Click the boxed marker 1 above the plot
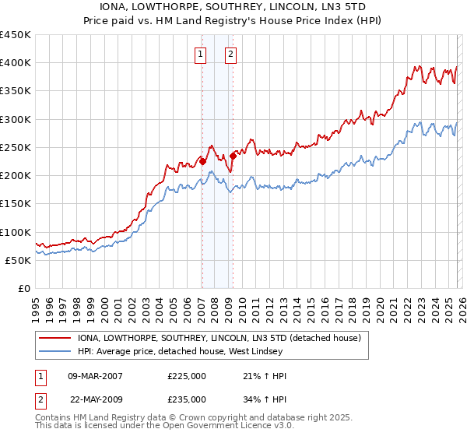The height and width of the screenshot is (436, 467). tap(201, 54)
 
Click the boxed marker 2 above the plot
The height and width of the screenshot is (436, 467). tap(232, 54)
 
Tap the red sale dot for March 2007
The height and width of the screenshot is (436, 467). tap(202, 162)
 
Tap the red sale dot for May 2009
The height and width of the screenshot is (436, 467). tap(233, 156)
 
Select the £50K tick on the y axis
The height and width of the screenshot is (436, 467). tap(19, 261)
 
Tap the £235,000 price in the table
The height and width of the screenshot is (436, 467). tap(187, 399)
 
